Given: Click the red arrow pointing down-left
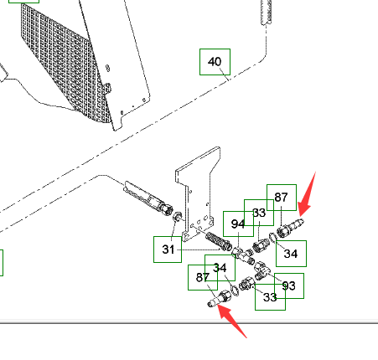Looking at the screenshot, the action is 307,194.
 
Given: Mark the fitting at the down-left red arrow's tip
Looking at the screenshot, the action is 291,229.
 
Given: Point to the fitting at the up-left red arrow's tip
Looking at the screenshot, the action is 220,298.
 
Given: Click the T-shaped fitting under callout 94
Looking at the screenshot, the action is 242,255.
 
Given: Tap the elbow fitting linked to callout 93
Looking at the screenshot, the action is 262,270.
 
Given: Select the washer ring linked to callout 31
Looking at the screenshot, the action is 177,216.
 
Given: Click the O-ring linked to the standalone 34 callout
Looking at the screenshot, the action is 272,237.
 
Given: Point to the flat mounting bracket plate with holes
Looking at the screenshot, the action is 198,193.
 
